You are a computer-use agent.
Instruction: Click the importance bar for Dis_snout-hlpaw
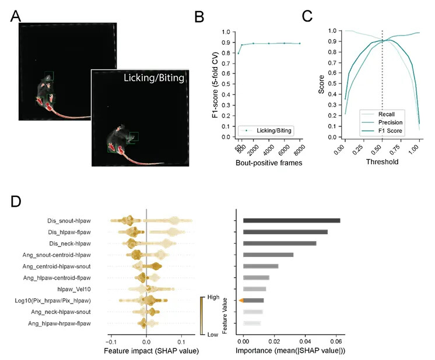coord(291,221)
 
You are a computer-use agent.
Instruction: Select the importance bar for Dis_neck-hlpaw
coord(279,243)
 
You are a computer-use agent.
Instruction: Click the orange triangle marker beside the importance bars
coord(240,301)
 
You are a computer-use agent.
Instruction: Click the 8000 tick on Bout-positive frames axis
coord(299,151)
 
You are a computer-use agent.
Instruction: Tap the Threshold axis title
coord(382,162)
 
